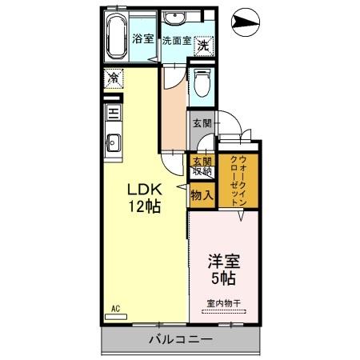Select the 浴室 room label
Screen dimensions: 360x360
(143, 39)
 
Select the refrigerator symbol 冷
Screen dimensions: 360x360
(114, 79)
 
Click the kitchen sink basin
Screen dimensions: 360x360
(113, 145)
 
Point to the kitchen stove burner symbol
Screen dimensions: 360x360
(114, 113)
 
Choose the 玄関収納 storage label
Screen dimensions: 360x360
(201, 166)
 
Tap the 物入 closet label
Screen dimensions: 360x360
(201, 194)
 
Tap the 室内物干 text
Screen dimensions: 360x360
(225, 302)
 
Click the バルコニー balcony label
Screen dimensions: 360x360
(180, 340)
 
